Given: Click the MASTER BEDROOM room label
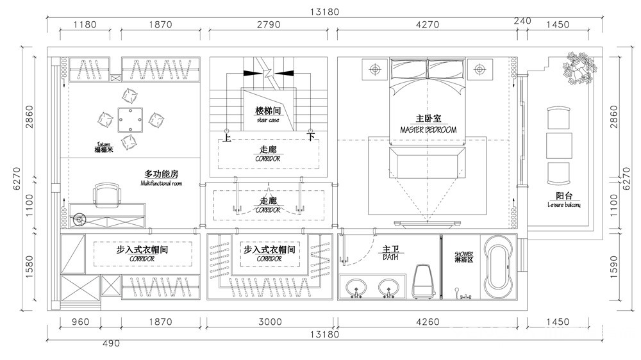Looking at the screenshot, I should click(428, 129).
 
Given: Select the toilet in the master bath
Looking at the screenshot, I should click(422, 281).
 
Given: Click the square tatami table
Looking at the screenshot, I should click(130, 118).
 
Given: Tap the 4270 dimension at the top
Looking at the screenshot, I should click(428, 25).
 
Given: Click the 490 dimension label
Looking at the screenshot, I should click(112, 343).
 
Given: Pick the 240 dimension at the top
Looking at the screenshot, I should click(522, 21).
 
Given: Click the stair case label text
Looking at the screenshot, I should click(268, 120).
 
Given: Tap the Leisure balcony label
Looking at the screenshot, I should click(564, 205).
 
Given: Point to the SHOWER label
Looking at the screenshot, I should click(463, 254).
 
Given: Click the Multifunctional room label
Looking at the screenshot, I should click(161, 183).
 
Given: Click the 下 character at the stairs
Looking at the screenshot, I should click(311, 136).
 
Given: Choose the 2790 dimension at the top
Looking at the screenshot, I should click(269, 25).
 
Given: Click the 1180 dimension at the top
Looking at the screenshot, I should click(85, 25).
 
